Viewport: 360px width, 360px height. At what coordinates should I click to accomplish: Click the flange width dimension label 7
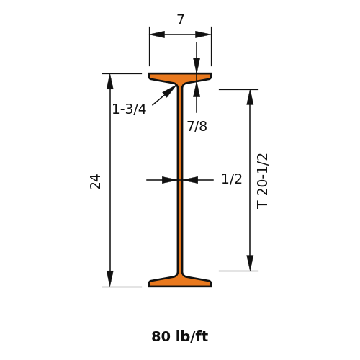[x=181, y=19]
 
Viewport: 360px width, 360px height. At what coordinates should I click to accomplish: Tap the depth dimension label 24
[x=95, y=181]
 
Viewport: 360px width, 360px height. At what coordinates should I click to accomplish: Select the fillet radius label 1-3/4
[x=129, y=109]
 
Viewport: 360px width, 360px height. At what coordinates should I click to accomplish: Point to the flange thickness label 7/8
[x=197, y=126]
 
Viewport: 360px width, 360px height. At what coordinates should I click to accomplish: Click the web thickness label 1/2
[x=232, y=179]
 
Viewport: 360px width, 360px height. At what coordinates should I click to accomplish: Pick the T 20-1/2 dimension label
[x=262, y=181]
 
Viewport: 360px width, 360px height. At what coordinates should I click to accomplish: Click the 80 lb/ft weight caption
[x=180, y=336]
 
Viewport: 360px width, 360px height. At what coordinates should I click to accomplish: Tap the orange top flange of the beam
[x=180, y=77]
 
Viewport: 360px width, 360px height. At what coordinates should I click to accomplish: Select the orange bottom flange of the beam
[x=180, y=282]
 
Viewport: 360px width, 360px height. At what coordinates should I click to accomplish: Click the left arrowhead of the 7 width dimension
[x=157, y=35]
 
